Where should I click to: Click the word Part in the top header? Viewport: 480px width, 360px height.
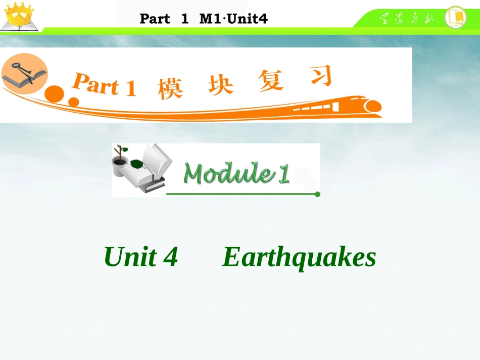[155, 19]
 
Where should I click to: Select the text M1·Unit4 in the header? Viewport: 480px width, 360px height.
[233, 19]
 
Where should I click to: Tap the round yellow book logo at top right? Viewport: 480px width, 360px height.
[455, 17]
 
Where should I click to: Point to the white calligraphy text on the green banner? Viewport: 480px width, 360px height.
[407, 19]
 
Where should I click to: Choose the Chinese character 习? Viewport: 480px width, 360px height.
[320, 77]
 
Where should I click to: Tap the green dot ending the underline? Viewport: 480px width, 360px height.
[317, 194]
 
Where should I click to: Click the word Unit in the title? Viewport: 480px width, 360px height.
[130, 257]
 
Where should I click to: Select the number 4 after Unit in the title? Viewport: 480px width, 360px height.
[171, 257]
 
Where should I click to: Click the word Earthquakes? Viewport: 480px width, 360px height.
[299, 257]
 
